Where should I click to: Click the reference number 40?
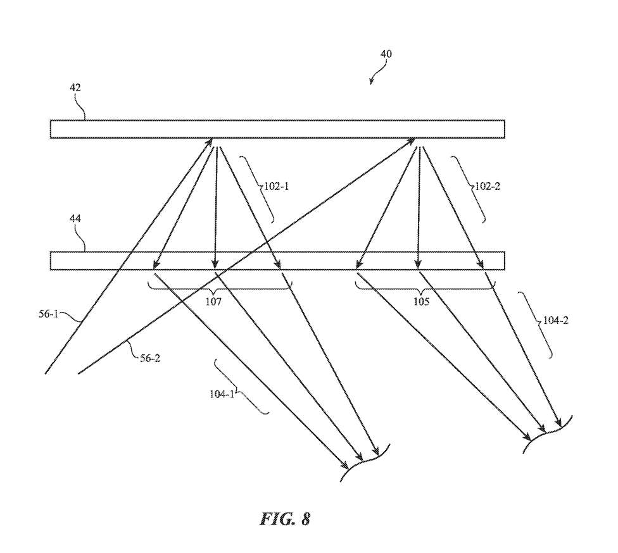point(386,54)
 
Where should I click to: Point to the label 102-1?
point(276,187)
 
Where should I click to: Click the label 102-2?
point(488,187)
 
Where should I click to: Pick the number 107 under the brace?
point(213,302)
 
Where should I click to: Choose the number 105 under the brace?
point(422,302)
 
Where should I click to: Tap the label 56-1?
point(47,312)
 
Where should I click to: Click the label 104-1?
point(222,393)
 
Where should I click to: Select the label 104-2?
point(556,321)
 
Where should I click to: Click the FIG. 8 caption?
point(285,519)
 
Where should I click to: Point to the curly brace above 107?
point(219,288)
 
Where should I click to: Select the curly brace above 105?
point(424,288)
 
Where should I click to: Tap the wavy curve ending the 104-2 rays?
point(548,435)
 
